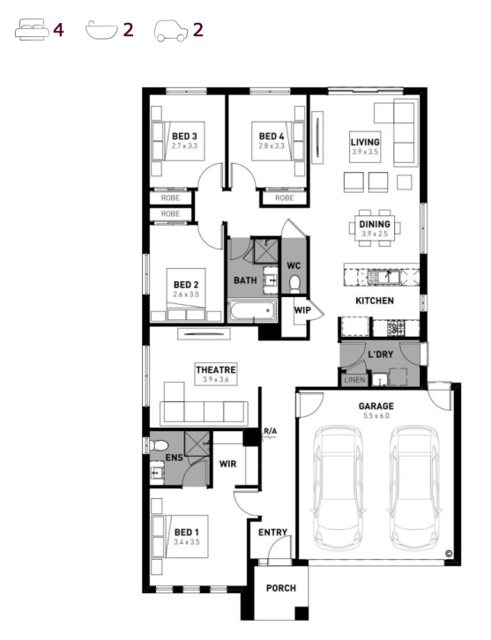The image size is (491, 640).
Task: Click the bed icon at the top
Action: (x=32, y=29)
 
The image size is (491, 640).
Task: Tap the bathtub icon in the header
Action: (x=101, y=30)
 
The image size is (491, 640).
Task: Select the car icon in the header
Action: (x=171, y=31)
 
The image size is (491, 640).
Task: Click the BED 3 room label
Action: (x=184, y=136)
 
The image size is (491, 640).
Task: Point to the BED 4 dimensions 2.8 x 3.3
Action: (x=272, y=145)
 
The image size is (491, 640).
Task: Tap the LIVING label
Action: (x=365, y=142)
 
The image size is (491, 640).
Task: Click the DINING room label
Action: (x=375, y=224)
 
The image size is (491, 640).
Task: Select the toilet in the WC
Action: (x=294, y=284)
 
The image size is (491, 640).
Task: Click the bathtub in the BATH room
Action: (x=252, y=310)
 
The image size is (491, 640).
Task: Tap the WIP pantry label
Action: (x=302, y=310)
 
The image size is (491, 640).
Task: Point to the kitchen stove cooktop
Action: (x=396, y=327)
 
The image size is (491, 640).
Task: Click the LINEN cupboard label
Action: (x=354, y=380)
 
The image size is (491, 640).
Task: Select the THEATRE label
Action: (x=215, y=369)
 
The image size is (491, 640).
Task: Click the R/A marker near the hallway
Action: (x=270, y=431)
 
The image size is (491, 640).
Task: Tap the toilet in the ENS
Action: (x=160, y=445)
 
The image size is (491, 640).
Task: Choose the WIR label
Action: (x=227, y=464)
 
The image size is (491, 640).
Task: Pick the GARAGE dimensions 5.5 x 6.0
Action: (x=376, y=416)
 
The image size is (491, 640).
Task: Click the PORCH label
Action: (x=281, y=588)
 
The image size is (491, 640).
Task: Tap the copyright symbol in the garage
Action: (x=449, y=554)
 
